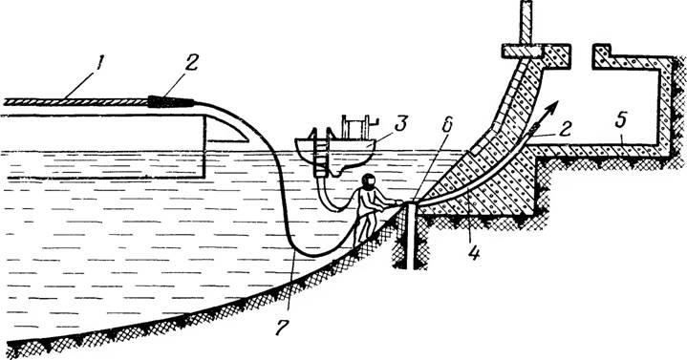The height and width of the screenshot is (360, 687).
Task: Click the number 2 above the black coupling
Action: point(191,63)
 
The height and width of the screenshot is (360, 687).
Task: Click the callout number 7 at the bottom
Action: point(283,327)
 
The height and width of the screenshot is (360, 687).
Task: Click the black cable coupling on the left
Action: point(171,101)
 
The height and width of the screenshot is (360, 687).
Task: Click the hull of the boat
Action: point(335,151)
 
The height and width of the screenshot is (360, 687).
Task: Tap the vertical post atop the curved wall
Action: point(526,22)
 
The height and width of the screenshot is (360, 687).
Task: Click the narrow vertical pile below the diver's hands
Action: point(410,236)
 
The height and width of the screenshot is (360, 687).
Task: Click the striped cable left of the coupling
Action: point(75,102)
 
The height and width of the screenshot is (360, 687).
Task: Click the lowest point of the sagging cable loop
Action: point(311,256)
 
